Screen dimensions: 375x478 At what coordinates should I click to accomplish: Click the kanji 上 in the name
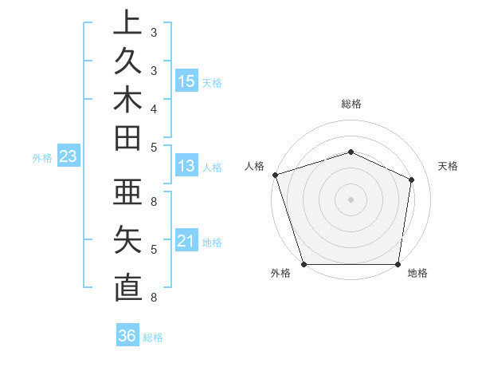point(127,22)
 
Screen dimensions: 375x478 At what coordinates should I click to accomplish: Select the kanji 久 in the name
point(127,61)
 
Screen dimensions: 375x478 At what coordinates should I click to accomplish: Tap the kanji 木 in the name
point(127,100)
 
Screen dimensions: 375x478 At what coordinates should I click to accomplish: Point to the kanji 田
point(127,139)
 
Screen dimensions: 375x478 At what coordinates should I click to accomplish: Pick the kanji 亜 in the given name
point(127,193)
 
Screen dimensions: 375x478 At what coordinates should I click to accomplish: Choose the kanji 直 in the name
point(127,287)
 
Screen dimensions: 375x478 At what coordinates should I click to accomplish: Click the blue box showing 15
point(186,81)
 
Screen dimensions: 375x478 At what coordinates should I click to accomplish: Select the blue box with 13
point(186,166)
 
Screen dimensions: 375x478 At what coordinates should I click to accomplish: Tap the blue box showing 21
point(186,241)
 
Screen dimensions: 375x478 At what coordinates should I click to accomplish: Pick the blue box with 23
point(68,156)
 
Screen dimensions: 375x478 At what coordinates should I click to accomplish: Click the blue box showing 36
point(127,336)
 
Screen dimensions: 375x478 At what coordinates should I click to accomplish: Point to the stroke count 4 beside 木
point(154,108)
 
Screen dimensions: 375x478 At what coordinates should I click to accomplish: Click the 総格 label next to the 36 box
point(153,337)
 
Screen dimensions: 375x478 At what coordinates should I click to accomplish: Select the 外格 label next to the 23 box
point(42,158)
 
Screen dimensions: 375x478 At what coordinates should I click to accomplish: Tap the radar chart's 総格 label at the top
point(351,104)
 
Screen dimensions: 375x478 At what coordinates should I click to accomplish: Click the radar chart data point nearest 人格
point(275,175)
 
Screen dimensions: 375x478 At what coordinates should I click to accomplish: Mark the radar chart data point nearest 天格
point(412,179)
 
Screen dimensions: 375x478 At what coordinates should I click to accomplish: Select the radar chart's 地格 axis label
point(417,274)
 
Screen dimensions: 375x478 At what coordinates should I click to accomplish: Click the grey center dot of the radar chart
point(351,199)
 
